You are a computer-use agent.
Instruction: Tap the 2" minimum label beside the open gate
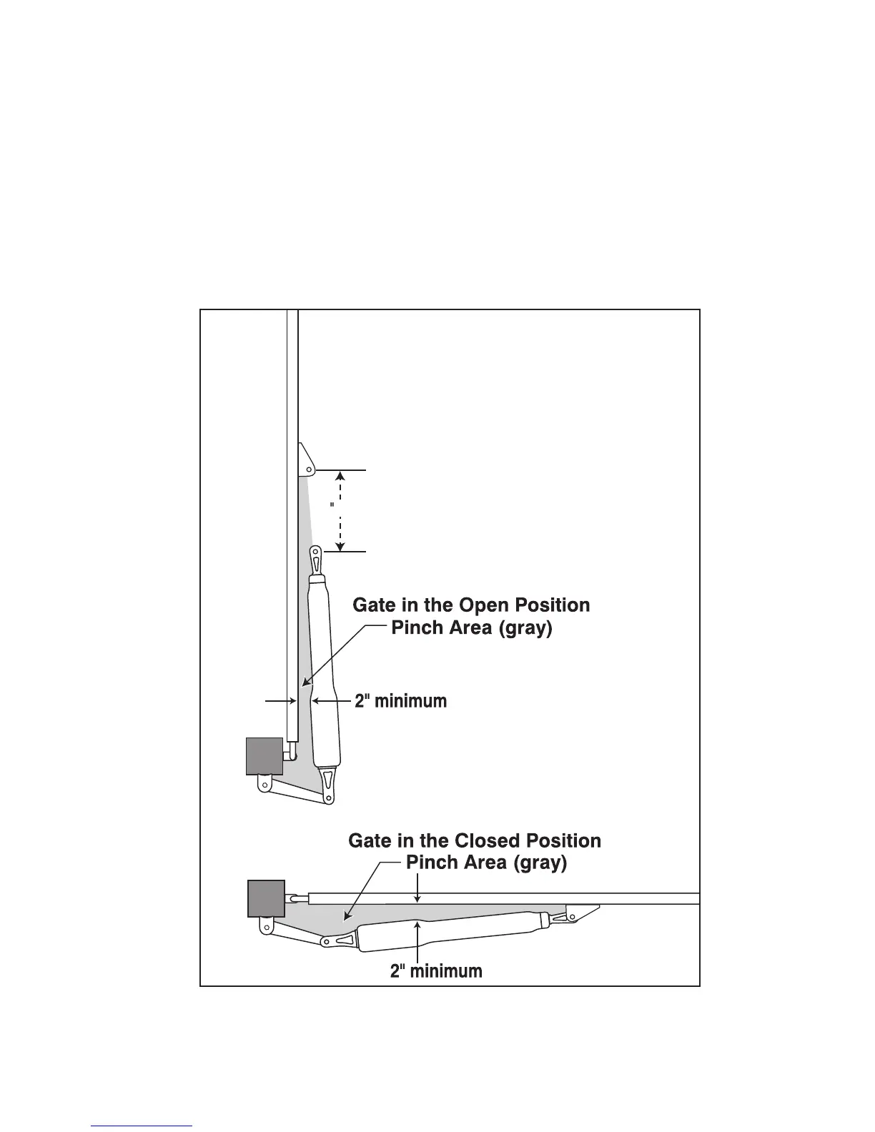point(401,701)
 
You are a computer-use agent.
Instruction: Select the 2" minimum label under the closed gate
point(436,971)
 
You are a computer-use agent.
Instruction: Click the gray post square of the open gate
point(265,756)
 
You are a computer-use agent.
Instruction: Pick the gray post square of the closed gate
point(266,898)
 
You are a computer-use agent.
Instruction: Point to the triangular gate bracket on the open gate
point(305,460)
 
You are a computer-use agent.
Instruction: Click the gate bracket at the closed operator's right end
point(581,912)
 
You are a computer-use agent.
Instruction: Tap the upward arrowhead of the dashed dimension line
point(341,475)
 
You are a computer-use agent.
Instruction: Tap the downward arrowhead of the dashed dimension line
point(341,547)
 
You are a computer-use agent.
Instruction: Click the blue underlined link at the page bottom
point(142,1126)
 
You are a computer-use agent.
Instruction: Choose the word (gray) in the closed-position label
point(540,863)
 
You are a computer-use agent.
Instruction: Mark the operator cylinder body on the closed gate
point(450,931)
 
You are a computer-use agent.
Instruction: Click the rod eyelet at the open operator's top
point(316,555)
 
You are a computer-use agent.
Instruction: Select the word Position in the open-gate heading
point(550,605)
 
